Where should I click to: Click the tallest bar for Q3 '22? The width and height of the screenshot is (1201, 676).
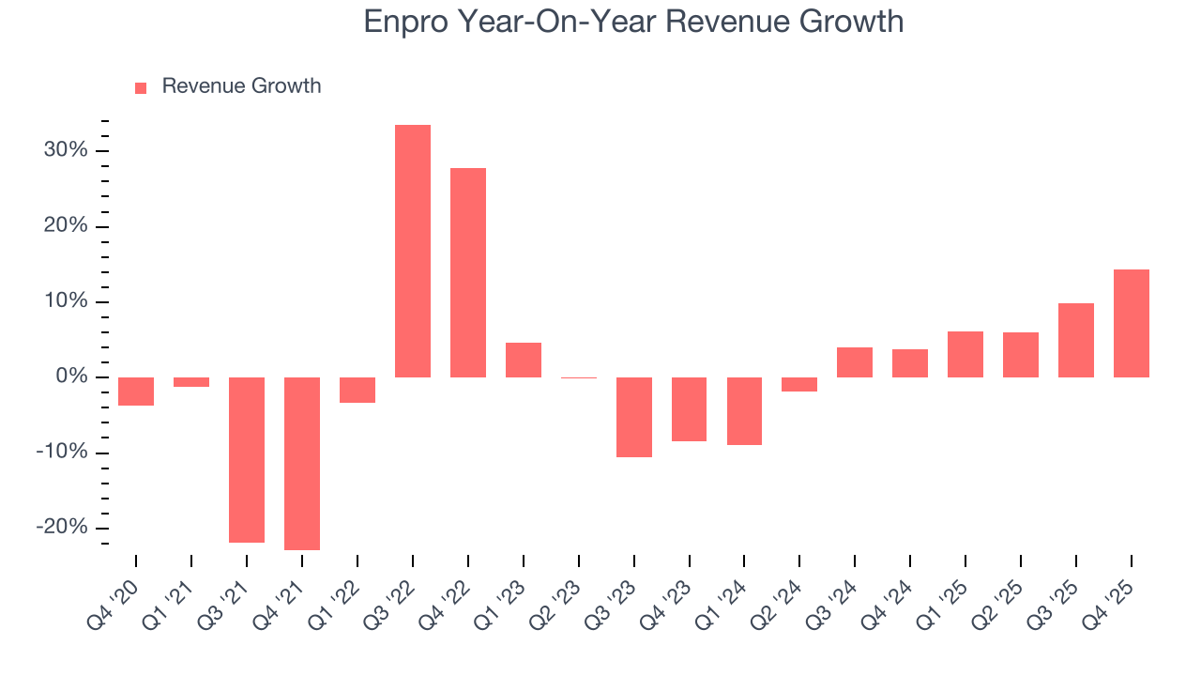[x=413, y=251]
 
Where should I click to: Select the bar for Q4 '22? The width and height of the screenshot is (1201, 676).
[x=468, y=272]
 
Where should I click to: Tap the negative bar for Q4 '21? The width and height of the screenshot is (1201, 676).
[x=302, y=463]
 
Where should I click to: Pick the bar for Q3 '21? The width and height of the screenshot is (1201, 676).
[x=247, y=459]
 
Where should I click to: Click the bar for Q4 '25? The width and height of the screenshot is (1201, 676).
[x=1132, y=323]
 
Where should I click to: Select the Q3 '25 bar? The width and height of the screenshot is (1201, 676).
[x=1076, y=340]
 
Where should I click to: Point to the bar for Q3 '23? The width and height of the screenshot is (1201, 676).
[x=634, y=417]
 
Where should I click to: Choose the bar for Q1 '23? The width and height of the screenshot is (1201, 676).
[x=524, y=360]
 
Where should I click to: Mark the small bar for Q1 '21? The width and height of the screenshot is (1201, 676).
[x=191, y=382]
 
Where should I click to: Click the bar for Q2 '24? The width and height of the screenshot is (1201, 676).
[x=799, y=384]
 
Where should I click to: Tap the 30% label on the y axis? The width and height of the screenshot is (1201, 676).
[x=65, y=151]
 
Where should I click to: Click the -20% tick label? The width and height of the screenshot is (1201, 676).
[x=61, y=528]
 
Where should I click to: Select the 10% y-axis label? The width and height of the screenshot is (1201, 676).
[x=65, y=302]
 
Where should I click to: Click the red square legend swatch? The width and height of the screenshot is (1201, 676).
[x=141, y=87]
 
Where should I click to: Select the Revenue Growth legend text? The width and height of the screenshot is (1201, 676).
[x=241, y=86]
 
